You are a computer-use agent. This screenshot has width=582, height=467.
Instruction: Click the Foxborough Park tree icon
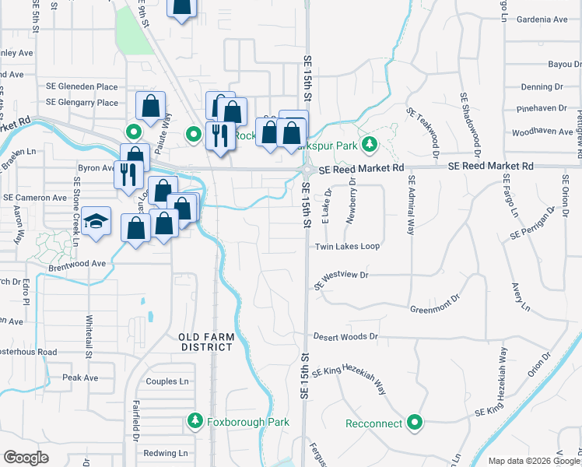pos(195,423)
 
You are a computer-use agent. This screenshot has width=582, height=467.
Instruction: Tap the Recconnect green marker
pos(415,423)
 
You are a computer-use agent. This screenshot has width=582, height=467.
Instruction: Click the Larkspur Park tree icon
pos(371,144)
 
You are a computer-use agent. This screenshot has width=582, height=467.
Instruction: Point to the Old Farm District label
pos(205,342)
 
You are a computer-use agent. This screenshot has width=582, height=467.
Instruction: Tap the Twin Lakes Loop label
pos(347,246)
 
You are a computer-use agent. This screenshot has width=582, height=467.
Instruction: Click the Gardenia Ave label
pos(541,19)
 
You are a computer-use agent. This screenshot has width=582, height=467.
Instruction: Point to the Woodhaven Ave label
pos(542,132)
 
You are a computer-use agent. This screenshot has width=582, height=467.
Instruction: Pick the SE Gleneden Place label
pos(82,87)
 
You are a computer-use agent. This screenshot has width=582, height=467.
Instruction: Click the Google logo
pos(26,457)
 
